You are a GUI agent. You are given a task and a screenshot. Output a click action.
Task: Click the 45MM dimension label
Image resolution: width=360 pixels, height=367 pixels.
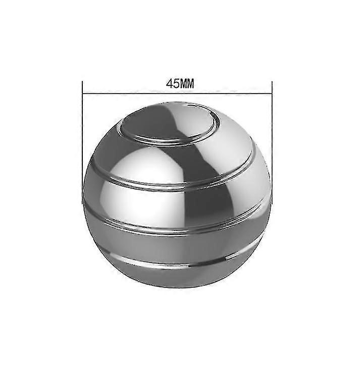[180, 84]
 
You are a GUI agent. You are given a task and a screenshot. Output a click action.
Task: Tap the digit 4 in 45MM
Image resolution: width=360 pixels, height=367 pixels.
[170, 84]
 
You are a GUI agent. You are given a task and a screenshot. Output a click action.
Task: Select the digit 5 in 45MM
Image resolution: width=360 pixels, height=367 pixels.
[176, 84]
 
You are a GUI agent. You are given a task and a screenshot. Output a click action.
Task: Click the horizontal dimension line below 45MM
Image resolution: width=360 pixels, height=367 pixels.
[177, 94]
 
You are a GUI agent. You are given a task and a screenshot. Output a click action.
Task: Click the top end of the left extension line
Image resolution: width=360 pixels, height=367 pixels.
[82, 81]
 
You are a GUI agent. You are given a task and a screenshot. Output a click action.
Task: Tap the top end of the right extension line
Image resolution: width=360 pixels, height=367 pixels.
[272, 81]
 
